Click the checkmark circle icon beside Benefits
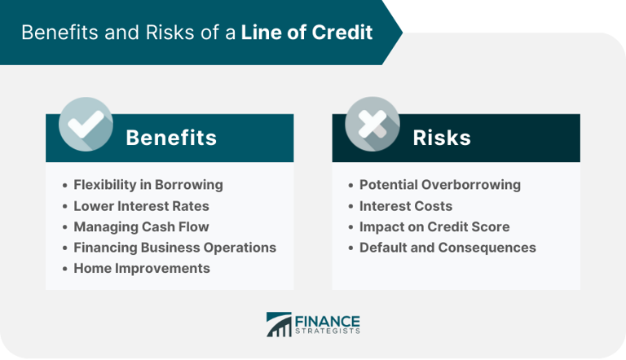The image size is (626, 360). point(86,125)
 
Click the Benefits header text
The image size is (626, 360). point(171,138)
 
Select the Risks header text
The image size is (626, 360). point(442,138)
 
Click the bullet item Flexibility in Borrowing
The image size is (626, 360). point(148,184)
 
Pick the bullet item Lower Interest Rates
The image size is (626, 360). point(141,205)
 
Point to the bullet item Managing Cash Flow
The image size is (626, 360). point(141,226)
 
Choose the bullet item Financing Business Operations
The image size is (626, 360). point(174,247)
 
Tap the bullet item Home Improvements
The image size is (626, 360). point(141,268)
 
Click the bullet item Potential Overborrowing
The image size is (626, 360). point(439,184)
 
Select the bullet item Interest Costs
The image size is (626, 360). point(405,205)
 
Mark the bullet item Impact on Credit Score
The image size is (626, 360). point(434,226)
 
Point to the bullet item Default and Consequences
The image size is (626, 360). point(447,247)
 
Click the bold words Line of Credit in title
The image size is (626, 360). point(306,33)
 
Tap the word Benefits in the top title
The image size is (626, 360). point(55,33)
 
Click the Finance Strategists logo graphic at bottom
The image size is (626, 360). point(278,324)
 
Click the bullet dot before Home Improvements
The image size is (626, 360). point(64,269)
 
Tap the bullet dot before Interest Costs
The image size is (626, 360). point(350,206)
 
